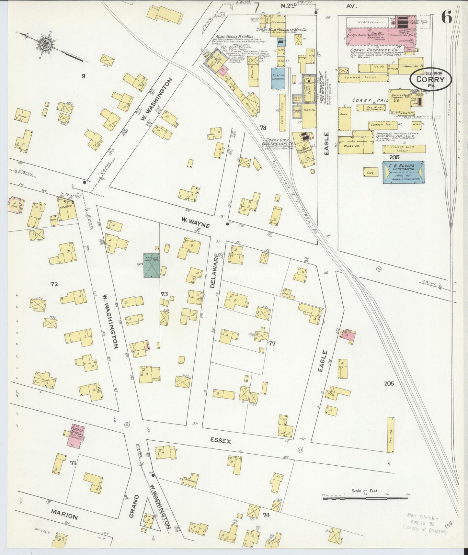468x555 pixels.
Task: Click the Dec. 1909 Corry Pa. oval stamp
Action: (x=431, y=78)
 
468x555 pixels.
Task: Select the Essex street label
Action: (x=220, y=441)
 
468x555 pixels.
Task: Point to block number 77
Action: (x=272, y=343)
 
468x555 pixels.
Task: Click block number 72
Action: (x=54, y=284)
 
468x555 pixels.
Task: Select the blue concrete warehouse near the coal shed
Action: (x=278, y=78)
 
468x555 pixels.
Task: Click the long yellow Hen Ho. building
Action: (x=391, y=435)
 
